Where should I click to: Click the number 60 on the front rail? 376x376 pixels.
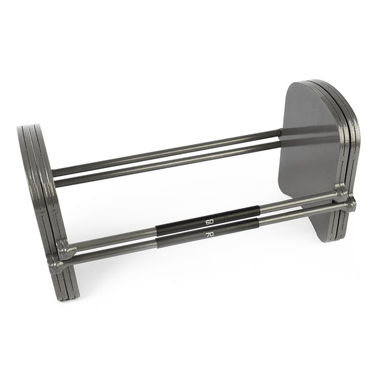point(209,222)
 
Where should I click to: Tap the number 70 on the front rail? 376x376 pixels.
point(210,234)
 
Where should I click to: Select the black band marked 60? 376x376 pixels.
point(207,219)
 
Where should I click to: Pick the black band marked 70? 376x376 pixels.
point(207,232)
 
